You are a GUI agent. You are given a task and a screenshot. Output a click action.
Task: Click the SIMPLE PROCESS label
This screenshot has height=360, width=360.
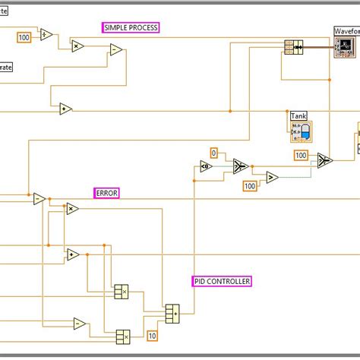131,27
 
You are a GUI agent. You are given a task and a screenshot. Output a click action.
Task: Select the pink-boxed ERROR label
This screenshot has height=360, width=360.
106,193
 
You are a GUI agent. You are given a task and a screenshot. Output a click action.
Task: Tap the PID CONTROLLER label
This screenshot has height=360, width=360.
222,281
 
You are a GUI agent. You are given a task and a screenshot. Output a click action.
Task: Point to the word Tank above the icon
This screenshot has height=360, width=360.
299,115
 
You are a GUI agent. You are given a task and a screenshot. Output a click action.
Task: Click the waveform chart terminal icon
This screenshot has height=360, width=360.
346,46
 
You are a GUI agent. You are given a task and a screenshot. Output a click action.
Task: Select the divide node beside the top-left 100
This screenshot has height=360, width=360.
45,35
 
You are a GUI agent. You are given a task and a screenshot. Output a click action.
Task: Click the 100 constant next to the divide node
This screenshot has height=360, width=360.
24,36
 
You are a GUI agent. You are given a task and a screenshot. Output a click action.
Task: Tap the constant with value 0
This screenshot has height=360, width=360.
213,153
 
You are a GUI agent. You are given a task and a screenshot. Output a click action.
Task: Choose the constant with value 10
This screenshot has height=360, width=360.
152,336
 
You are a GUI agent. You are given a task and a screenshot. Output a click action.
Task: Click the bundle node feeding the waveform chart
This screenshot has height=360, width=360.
293,47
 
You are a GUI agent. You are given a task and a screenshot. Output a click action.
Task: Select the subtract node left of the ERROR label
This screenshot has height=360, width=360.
39,199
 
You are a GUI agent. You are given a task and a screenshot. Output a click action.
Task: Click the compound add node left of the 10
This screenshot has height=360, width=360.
172,312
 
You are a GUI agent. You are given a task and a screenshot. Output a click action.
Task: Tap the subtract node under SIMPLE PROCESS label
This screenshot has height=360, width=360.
116,50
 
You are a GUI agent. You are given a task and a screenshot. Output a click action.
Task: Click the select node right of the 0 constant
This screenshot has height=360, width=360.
239,166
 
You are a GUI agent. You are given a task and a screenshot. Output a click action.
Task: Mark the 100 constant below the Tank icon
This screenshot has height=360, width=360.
301,156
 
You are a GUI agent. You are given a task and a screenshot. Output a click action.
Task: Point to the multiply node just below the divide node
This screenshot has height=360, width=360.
77,46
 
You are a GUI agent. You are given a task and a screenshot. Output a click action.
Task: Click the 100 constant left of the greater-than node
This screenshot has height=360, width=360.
249,186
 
